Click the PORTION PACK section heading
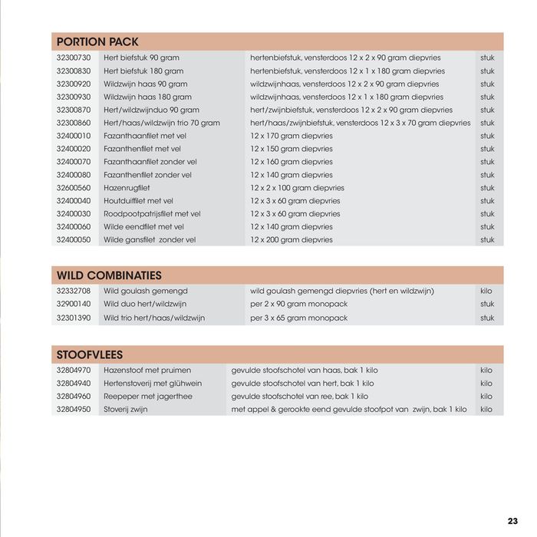coord(97,42)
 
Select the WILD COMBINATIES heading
coord(108,275)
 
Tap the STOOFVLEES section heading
coord(90,355)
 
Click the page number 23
coord(512,520)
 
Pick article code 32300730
coord(74,58)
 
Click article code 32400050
coord(74,240)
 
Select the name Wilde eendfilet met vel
coord(143,227)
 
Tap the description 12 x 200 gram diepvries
coord(292,240)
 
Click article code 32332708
coord(74,292)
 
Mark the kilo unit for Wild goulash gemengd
coord(486,292)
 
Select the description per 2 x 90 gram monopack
coord(298,305)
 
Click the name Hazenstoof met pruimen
coord(145,371)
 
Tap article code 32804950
coord(74,410)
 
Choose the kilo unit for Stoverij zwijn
coord(486,410)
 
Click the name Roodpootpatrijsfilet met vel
coord(152,214)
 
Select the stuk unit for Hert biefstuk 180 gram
coord(488,71)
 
